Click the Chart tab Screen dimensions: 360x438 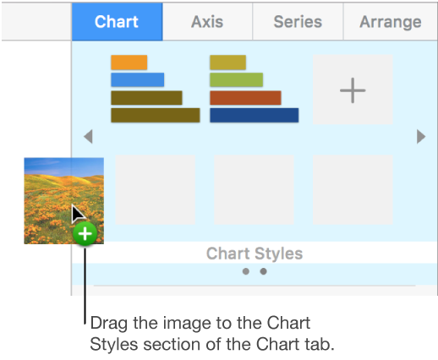coord(117,21)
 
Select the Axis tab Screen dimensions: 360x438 coord(207,21)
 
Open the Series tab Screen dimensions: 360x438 coord(298,21)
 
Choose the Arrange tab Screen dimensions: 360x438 coord(390,21)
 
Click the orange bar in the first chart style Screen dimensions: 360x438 coord(129,63)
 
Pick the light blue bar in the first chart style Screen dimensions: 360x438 coord(137,80)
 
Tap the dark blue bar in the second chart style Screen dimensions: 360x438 coord(254,115)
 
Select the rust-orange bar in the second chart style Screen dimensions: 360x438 coord(245,98)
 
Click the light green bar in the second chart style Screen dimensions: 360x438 coord(237,80)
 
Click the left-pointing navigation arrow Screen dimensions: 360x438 coord(87,137)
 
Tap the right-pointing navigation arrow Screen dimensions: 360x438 coord(420,137)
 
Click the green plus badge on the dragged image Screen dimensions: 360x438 coord(85,234)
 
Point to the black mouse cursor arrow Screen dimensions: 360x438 coord(77,215)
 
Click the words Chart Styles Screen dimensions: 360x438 coord(254,254)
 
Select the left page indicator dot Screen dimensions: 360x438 coord(245,271)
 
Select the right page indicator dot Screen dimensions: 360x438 coord(263,271)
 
